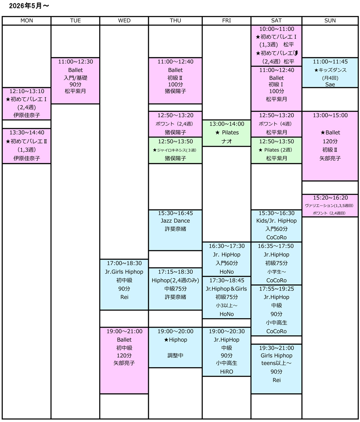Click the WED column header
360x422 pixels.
124,21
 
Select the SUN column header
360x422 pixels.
330,21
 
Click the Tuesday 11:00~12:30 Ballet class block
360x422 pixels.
76,80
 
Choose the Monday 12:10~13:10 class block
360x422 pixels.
27,104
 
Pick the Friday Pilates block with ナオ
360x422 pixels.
227,133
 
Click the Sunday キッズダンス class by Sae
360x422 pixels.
330,73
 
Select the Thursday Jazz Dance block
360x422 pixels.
175,230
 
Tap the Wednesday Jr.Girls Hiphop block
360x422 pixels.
124,285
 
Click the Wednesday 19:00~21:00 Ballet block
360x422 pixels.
124,360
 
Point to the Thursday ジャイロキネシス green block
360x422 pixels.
175,150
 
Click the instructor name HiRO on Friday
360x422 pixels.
227,372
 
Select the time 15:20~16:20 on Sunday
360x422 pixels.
330,198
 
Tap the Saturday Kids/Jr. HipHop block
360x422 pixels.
276,225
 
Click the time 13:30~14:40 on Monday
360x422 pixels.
27,133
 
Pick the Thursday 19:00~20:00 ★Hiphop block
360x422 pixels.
175,347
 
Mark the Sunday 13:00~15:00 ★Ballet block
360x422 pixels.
330,146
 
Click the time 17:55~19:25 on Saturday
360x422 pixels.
276,289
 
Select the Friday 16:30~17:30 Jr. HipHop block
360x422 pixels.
227,259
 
